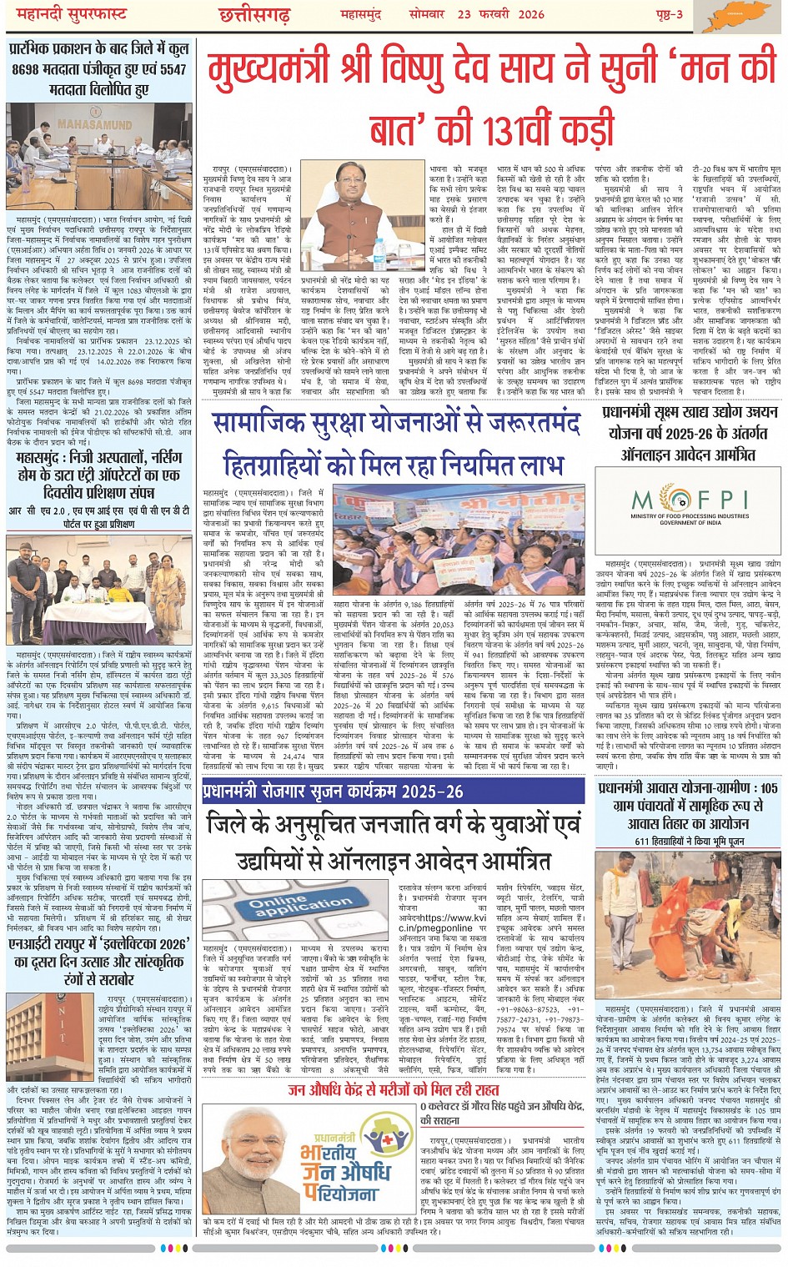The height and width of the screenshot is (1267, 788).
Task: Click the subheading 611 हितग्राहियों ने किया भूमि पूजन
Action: (689, 842)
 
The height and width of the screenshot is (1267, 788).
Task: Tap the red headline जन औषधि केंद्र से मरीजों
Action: (394, 1089)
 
